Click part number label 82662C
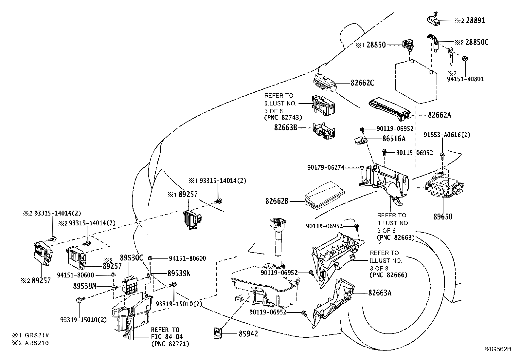362,83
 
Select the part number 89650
443,217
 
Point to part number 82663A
380,293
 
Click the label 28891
476,21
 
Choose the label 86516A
394,139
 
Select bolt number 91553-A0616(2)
447,135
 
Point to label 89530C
132,258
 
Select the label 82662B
277,201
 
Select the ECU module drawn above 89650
443,187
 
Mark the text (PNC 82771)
170,344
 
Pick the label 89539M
84,286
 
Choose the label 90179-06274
326,167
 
